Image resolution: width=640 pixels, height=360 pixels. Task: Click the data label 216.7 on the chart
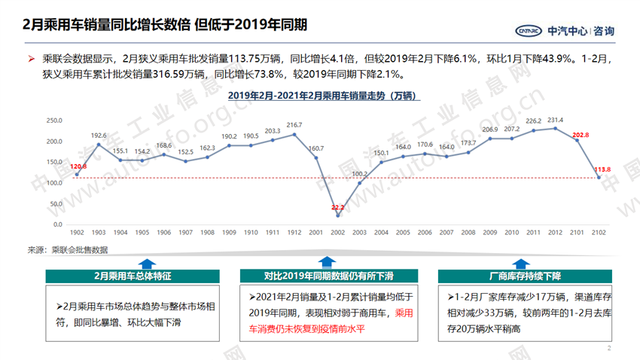tap(294, 125)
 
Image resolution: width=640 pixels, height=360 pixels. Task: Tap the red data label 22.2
tap(338, 207)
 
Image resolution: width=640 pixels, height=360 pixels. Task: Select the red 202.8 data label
tap(581, 135)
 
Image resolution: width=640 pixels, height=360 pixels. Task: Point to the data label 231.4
tap(556, 120)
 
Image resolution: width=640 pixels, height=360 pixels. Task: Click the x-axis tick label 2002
tap(338, 233)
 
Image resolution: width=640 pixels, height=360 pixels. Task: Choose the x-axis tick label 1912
tap(294, 233)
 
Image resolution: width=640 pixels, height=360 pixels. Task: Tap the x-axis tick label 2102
tap(599, 233)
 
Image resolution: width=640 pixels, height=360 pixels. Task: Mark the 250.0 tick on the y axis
tap(54, 121)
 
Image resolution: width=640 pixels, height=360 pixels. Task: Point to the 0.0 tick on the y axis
tap(57, 224)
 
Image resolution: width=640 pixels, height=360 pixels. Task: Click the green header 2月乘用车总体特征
tap(133, 276)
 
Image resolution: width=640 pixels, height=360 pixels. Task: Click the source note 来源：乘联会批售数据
tap(69, 249)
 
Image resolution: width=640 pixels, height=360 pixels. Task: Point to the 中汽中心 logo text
tap(568, 31)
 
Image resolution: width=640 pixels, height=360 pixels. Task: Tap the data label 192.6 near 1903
tap(99, 136)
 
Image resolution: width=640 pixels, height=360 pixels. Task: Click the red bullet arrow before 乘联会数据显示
tap(31, 59)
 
